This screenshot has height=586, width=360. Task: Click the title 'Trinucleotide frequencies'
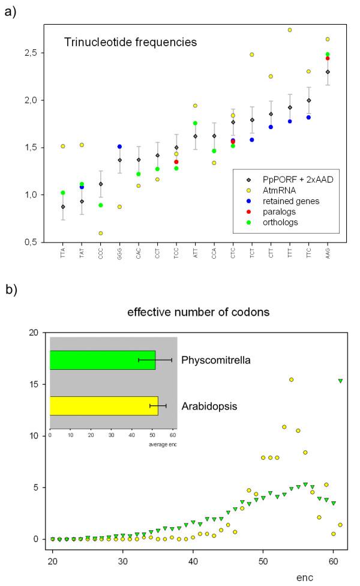click(x=130, y=43)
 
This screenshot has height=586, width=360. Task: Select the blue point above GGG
click(x=120, y=146)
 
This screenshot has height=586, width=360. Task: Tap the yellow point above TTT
click(x=290, y=30)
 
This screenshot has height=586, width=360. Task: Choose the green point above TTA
click(x=63, y=193)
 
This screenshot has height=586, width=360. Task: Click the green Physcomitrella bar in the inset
click(x=102, y=360)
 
